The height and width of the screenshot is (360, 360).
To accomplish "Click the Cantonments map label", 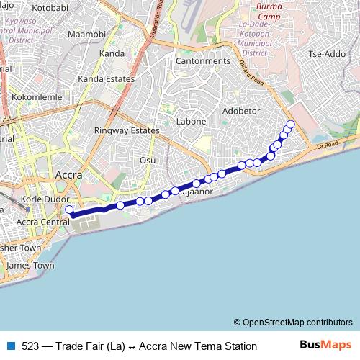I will [203, 61].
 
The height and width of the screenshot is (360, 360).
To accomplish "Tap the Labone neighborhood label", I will [192, 121].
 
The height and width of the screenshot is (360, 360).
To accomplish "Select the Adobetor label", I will [241, 111].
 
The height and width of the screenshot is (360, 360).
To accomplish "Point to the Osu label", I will [148, 160].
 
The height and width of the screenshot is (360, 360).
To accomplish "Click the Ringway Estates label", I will [126, 131].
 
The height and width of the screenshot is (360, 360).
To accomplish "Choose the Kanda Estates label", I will [106, 78].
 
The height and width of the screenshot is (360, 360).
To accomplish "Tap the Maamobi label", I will [86, 34].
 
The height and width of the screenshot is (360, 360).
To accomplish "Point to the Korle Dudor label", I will [45, 199].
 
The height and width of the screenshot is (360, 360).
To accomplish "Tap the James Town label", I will [30, 265].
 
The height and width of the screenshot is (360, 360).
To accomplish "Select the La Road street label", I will [327, 145].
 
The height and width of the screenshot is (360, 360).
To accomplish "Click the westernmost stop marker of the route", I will [70, 210].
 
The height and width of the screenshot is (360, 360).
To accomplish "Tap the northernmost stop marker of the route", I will [291, 125].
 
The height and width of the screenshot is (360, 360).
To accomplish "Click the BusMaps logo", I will [325, 345].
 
